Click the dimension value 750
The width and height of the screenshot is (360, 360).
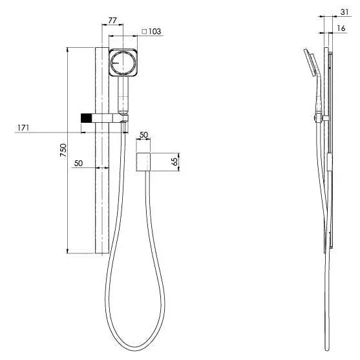point(63,151)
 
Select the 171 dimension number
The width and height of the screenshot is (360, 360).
point(23,128)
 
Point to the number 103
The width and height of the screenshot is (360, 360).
point(154,31)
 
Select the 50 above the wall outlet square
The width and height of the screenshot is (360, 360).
point(143,134)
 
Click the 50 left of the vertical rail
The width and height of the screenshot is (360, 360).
point(79,164)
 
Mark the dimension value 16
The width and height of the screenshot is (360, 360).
point(341,28)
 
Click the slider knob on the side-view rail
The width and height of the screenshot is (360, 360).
point(316,117)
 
